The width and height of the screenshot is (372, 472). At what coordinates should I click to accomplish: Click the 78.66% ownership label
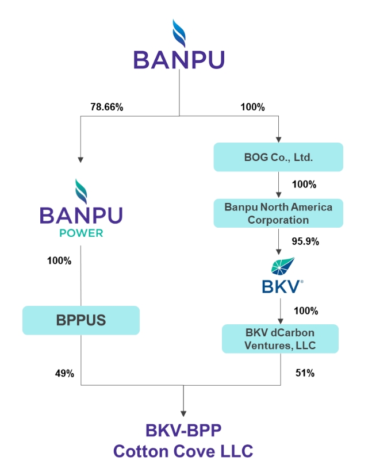(107, 107)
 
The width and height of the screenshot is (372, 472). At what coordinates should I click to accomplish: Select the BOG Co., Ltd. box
(278, 157)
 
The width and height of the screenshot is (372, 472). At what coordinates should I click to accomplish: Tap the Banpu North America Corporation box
(278, 213)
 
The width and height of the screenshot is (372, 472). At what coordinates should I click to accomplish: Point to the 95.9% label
(305, 241)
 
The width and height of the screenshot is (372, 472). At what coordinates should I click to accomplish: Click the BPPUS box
(81, 320)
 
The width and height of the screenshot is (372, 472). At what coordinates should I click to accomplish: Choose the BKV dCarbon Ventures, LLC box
(280, 339)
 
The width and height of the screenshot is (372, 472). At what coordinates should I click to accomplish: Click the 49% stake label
(64, 373)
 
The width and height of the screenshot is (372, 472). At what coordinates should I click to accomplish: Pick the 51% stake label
(305, 373)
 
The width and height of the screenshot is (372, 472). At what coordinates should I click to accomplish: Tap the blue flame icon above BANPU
(179, 33)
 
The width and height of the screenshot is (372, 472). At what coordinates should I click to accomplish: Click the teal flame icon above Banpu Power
(81, 191)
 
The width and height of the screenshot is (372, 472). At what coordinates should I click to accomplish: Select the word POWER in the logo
(81, 233)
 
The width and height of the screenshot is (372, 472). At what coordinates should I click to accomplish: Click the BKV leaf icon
(283, 266)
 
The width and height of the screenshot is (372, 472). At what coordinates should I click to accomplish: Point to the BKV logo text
(282, 286)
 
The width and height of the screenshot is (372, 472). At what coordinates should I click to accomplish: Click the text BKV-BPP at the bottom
(183, 430)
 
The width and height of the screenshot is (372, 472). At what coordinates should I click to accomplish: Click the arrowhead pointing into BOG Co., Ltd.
(278, 140)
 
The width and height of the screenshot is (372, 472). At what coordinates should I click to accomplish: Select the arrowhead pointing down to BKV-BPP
(183, 413)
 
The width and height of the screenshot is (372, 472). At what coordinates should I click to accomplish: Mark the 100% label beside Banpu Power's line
(59, 260)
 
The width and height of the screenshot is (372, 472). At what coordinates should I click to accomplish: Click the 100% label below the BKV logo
(306, 310)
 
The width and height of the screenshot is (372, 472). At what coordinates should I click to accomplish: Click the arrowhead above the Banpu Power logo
(80, 160)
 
